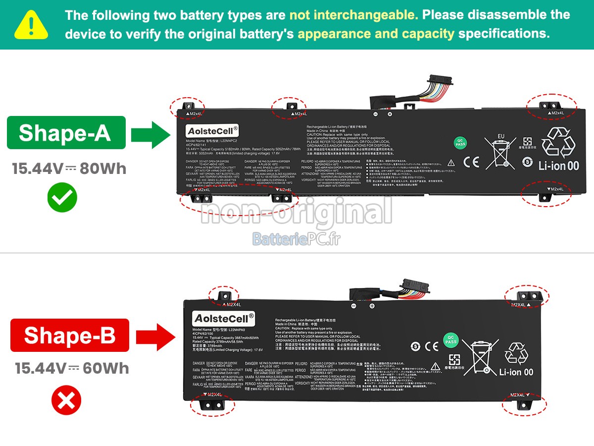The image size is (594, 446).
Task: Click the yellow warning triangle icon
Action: [x=31, y=25]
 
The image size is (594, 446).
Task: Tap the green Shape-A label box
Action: [x=66, y=133]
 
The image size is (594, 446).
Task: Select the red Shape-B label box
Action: [x=70, y=335]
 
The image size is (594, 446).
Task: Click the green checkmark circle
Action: [x=62, y=198]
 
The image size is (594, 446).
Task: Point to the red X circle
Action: [x=66, y=400]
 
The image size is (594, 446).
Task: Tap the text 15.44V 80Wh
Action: [x=69, y=169]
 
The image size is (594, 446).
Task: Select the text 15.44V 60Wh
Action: [x=71, y=368]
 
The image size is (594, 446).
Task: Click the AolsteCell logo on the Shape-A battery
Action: [x=212, y=131]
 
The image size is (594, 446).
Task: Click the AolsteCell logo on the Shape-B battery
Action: [x=224, y=318]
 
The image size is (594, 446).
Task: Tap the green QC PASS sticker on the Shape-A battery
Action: [x=461, y=143]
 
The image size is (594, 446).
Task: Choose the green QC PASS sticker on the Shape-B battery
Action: [x=450, y=339]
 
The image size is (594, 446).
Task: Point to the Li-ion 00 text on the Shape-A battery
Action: [x=558, y=166]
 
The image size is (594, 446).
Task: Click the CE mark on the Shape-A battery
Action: [x=471, y=162]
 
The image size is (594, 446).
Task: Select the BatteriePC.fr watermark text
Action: [x=297, y=239]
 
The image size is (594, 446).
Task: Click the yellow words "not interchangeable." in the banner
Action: [x=353, y=15]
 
